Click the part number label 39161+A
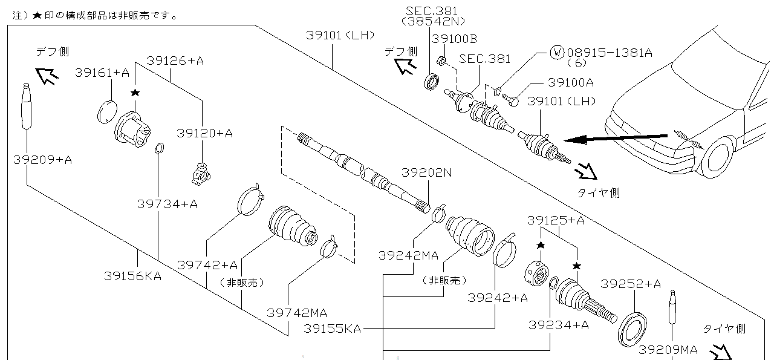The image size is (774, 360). point(102,73)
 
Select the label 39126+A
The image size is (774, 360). point(175,61)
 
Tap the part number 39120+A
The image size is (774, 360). point(204,133)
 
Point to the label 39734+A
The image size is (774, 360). point(167,204)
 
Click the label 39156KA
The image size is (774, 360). point(132,276)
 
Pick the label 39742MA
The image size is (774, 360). point(297,313)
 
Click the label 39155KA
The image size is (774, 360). point(332,329)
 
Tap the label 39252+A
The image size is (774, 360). point(630,284)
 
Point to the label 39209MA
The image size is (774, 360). point(668,350)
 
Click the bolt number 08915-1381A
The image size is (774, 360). point(610,53)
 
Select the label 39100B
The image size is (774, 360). point(454,39)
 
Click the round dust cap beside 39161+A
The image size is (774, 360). point(106,111)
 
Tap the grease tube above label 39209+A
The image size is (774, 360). point(27,106)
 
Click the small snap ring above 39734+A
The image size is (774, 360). point(159,149)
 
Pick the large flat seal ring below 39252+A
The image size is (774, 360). point(633,329)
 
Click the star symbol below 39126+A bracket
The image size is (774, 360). point(135,93)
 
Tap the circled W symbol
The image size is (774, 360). point(557,53)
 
